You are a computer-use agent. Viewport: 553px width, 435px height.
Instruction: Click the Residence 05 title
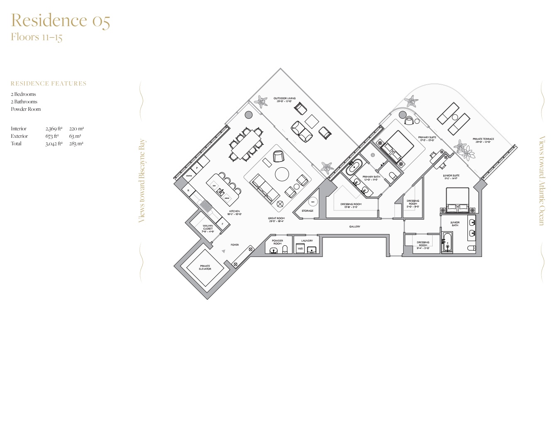pos(61,20)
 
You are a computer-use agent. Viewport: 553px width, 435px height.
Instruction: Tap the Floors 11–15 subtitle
pos(37,37)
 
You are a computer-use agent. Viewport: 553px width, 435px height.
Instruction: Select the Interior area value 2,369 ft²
pos(54,129)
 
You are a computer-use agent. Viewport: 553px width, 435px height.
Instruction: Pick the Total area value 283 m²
pos(76,144)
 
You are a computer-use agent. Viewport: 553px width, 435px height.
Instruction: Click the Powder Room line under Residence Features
pos(26,109)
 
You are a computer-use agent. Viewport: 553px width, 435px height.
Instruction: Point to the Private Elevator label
pos(205,267)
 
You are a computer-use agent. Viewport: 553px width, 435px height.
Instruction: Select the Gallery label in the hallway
pos(355,227)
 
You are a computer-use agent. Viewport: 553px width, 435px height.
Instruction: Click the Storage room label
pos(308,211)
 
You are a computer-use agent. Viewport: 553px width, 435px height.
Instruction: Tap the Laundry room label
pos(307,241)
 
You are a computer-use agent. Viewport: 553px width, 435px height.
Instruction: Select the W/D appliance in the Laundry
pos(300,249)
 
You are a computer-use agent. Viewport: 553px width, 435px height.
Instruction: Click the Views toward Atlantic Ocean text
pos(541,181)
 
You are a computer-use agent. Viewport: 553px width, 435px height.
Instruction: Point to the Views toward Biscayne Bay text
pos(142,181)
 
